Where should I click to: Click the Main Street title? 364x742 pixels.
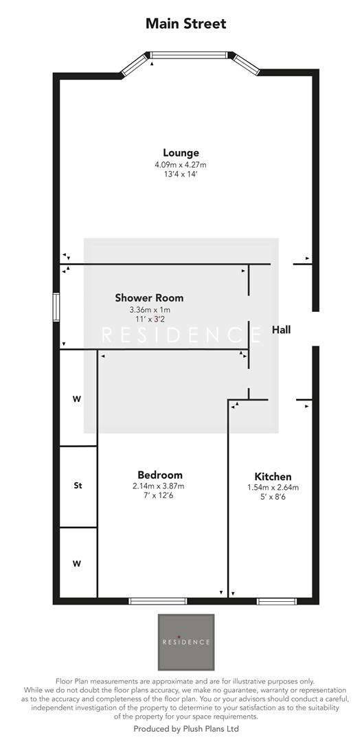pos(185,24)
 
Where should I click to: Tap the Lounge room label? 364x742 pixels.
pos(181,153)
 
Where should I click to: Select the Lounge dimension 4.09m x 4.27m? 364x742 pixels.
pos(181,165)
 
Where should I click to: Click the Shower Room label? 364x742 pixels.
pos(149,297)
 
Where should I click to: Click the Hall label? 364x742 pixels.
pos(281,330)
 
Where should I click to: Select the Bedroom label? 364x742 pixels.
pos(160,475)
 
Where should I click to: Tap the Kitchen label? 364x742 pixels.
pos(273,476)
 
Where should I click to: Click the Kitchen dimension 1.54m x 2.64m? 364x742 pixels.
pos(273,488)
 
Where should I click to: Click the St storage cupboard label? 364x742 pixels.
pos(78,486)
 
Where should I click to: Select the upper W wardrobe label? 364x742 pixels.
pos(77,398)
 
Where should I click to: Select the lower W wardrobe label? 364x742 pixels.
pos(77,563)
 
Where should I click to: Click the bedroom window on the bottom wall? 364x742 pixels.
pos(157,601)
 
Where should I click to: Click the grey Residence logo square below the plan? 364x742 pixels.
pos(185,642)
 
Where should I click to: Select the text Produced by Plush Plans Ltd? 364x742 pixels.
pos(185,729)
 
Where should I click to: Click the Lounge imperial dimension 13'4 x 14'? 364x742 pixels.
pos(181,175)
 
